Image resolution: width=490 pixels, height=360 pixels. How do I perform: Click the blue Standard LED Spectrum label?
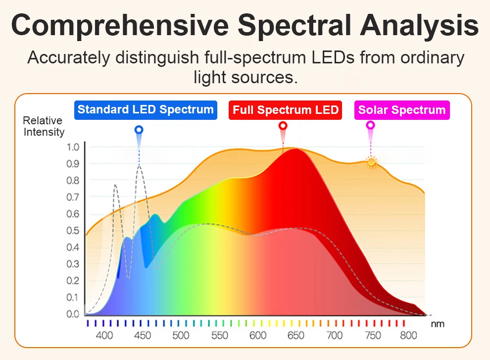click(146, 110)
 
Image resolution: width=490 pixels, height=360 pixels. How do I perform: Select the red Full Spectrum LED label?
click(285, 110)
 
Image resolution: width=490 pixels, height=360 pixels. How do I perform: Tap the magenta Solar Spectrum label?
click(402, 110)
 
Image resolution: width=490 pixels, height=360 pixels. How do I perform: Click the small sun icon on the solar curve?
click(371, 162)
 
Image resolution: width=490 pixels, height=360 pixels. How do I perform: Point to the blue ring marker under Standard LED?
click(139, 130)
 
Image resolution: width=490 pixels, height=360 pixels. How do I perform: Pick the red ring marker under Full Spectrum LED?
click(283, 126)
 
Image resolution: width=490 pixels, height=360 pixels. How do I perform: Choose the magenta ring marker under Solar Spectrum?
click(370, 125)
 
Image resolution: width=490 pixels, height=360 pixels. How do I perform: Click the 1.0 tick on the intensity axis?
click(73, 147)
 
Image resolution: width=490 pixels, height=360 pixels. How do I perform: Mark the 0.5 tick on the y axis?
click(73, 231)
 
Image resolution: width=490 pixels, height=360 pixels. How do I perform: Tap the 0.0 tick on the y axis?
click(73, 314)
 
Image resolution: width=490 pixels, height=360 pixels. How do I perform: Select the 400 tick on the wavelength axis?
click(104, 335)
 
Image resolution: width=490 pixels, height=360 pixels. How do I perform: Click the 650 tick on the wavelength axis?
click(295, 335)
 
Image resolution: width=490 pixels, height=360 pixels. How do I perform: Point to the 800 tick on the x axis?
click(408, 335)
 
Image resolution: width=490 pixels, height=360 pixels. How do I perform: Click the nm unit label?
click(438, 324)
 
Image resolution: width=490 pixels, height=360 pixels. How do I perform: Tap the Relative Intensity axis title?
click(44, 126)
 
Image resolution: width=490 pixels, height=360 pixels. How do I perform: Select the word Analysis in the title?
click(419, 25)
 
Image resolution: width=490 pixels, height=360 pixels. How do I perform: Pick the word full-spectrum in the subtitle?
click(255, 57)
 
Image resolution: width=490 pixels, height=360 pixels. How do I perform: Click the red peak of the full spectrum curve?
click(295, 150)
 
